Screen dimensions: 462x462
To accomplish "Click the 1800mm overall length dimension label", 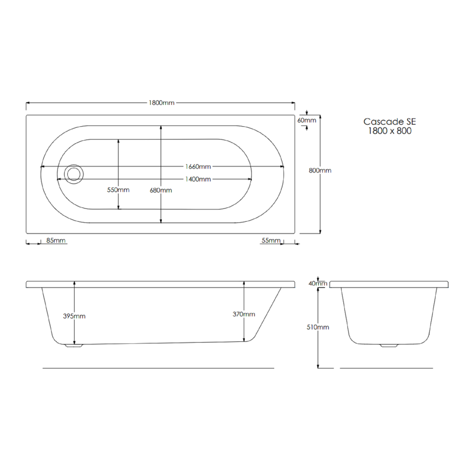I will tap(161, 103).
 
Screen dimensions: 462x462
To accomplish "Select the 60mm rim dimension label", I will tap(307, 120).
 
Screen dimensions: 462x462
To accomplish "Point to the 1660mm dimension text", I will tap(198, 166).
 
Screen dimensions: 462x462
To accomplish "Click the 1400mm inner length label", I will tap(198, 179).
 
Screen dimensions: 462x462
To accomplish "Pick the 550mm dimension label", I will tap(118, 190).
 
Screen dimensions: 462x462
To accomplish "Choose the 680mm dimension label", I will tap(161, 190).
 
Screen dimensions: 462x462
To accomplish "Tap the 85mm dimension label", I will tap(55, 240).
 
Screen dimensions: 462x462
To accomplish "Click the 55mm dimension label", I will tap(271, 240).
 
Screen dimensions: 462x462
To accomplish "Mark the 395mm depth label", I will tap(74, 316).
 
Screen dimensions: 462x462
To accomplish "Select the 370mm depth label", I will tap(244, 314).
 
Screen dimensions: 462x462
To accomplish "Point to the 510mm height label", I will tap(319, 327).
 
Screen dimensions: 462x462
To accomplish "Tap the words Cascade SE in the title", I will tap(390, 122).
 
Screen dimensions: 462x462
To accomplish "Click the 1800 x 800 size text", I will tap(390, 131).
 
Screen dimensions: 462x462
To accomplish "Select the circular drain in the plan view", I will tap(73, 173).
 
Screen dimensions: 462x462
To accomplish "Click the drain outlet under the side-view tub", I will tap(75, 346).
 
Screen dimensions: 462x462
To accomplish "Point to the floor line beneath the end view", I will tap(386, 368).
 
